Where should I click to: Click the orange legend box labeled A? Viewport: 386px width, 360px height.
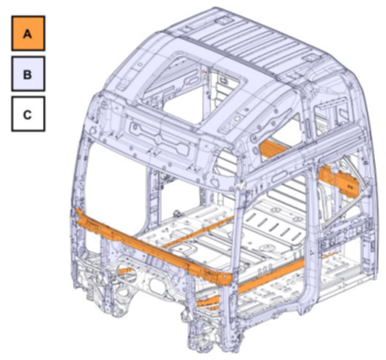[28, 33]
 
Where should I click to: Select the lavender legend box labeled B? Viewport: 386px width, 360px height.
[28, 74]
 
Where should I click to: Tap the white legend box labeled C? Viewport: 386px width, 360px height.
[28, 114]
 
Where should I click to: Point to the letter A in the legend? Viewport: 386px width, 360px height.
[27, 34]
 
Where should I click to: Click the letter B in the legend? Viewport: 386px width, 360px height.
[27, 74]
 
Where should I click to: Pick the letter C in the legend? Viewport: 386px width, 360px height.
[27, 115]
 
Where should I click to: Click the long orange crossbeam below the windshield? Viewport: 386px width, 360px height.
[153, 248]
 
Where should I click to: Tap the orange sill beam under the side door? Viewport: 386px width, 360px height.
[250, 283]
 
